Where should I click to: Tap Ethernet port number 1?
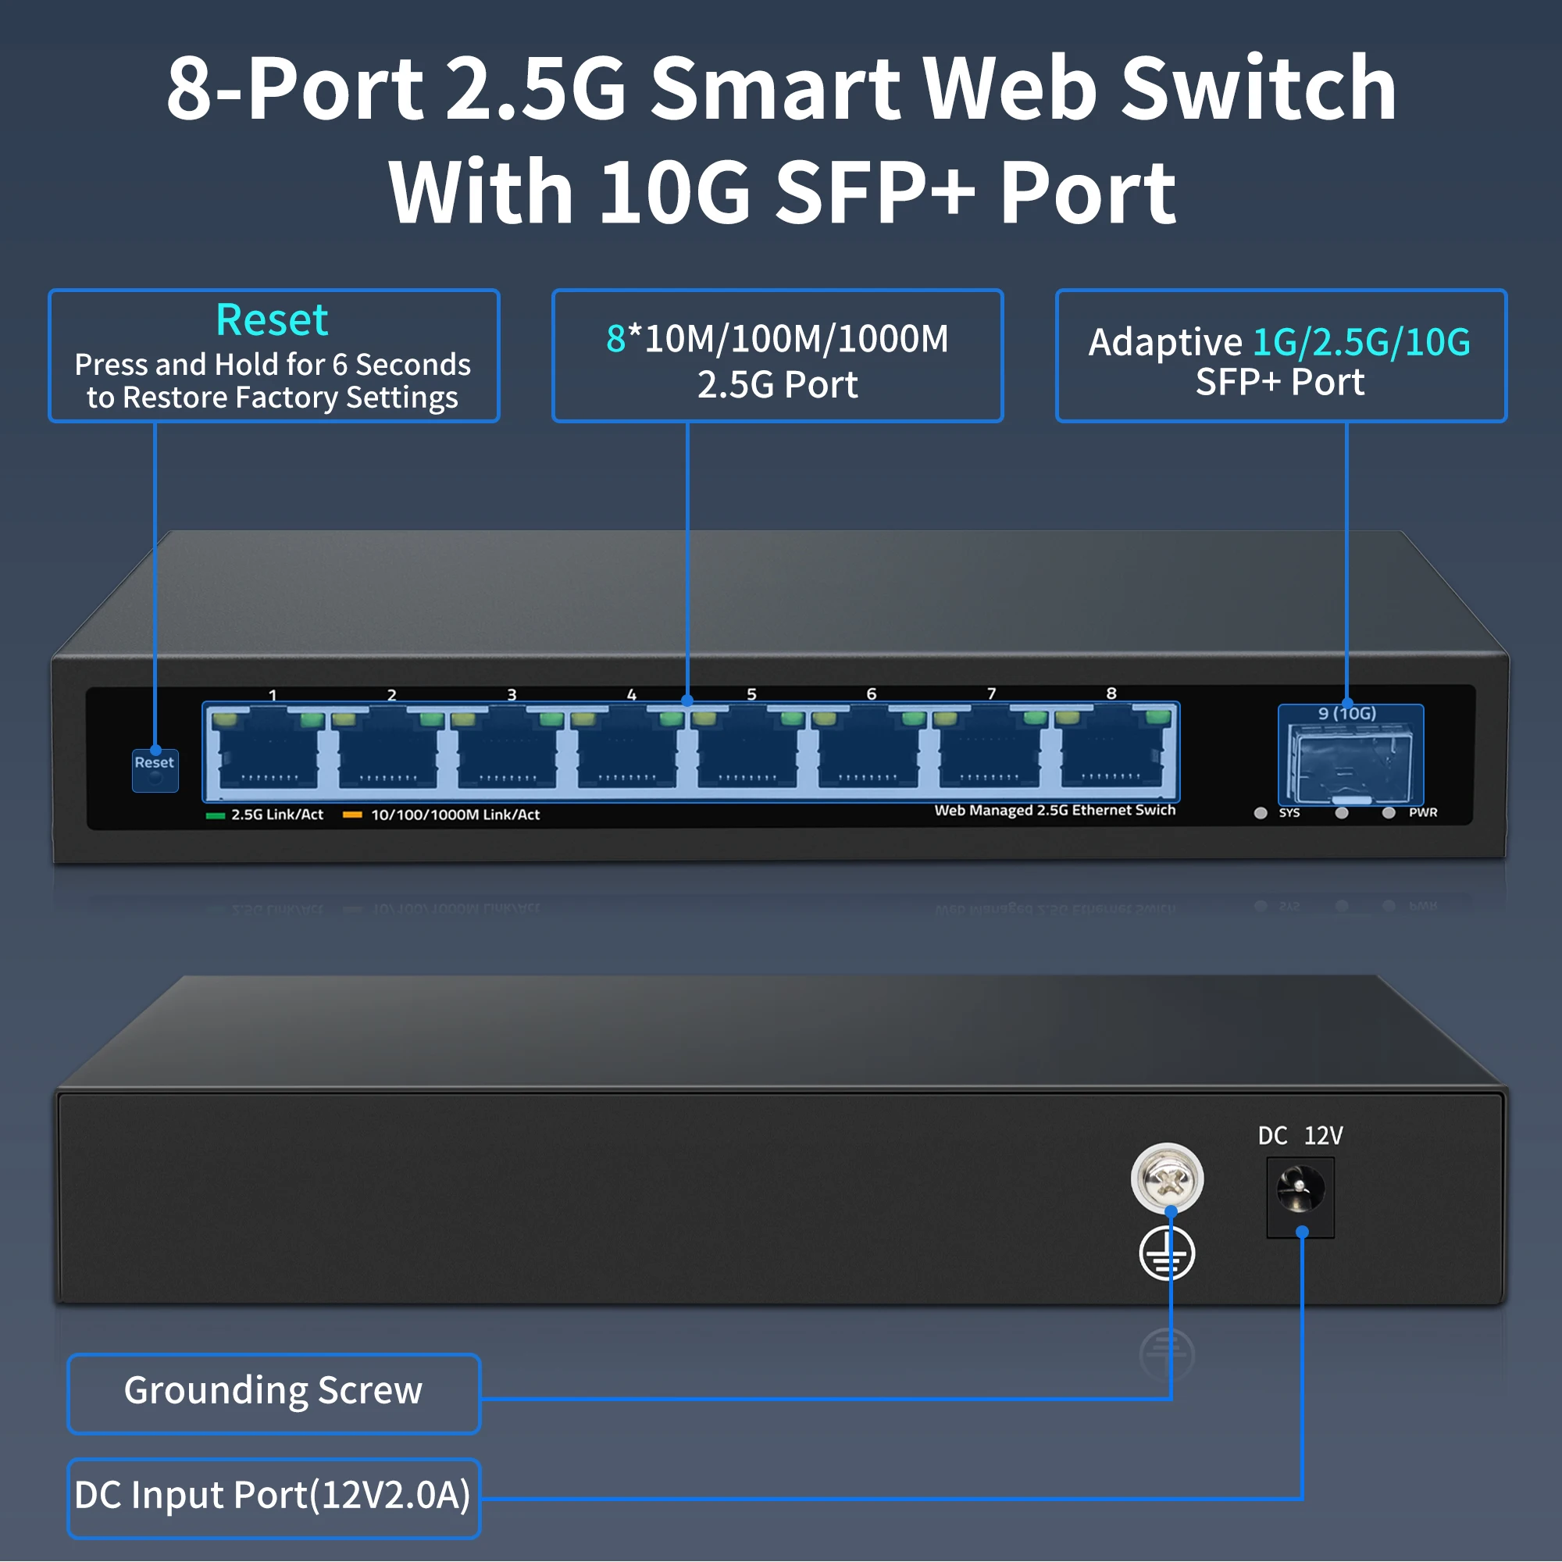coord(268,751)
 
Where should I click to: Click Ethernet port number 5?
coord(747,751)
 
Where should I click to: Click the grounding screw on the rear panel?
coord(1167,1178)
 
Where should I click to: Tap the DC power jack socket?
coord(1300,1193)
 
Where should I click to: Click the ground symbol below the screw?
coord(1167,1254)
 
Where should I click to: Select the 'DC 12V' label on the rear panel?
coord(1300,1136)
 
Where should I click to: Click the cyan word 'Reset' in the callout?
coord(272,319)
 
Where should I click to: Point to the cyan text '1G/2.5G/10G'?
coord(1361,342)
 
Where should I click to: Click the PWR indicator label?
coord(1422,812)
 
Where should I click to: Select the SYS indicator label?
coord(1289,812)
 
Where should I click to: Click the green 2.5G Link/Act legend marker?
coord(215,815)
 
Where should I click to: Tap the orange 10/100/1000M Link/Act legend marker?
coord(351,815)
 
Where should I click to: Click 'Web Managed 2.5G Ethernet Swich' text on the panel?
coord(1054,810)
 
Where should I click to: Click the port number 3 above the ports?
coord(511,694)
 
